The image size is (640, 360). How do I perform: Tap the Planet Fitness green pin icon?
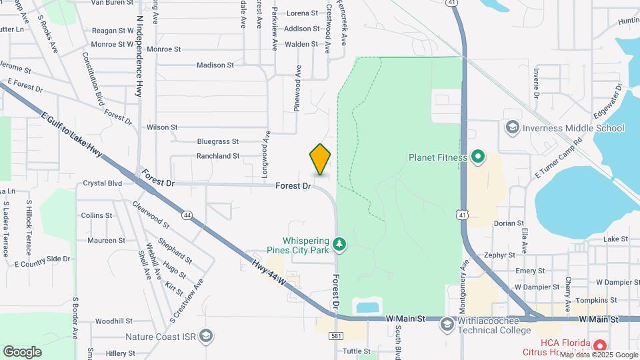[477, 158]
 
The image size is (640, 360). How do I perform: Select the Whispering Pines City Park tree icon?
[340, 245]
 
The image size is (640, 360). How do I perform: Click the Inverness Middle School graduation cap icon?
[512, 127]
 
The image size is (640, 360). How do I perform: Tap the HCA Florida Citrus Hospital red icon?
[599, 345]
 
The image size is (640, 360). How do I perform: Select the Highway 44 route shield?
[187, 215]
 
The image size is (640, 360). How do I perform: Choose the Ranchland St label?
[217, 156]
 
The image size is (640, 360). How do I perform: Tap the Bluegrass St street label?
[217, 141]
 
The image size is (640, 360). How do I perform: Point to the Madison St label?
[215, 65]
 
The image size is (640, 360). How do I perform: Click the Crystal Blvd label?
[102, 183]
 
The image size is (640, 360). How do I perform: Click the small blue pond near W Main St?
[367, 307]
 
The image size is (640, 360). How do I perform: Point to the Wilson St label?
[162, 127]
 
